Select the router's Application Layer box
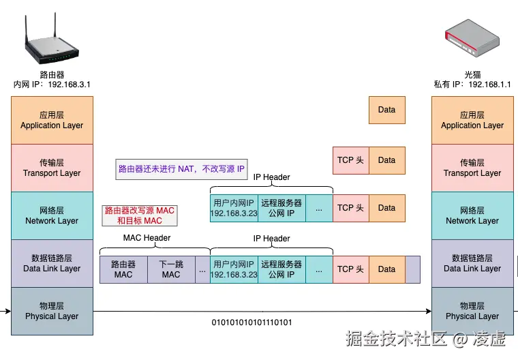point(52,120)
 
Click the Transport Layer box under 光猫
point(472,168)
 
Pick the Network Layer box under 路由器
point(52,215)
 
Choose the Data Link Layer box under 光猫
point(472,263)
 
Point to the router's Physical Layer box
point(52,311)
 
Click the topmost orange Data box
point(386,110)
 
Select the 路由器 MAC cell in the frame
point(123,269)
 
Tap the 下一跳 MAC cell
point(171,269)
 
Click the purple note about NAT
point(181,168)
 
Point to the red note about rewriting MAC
point(139,215)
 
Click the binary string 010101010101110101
point(252,322)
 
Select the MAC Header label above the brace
point(147,238)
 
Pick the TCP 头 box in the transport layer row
point(350,160)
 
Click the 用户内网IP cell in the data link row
point(234,269)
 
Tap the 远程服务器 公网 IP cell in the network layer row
point(281,208)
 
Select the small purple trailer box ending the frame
point(412,269)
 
